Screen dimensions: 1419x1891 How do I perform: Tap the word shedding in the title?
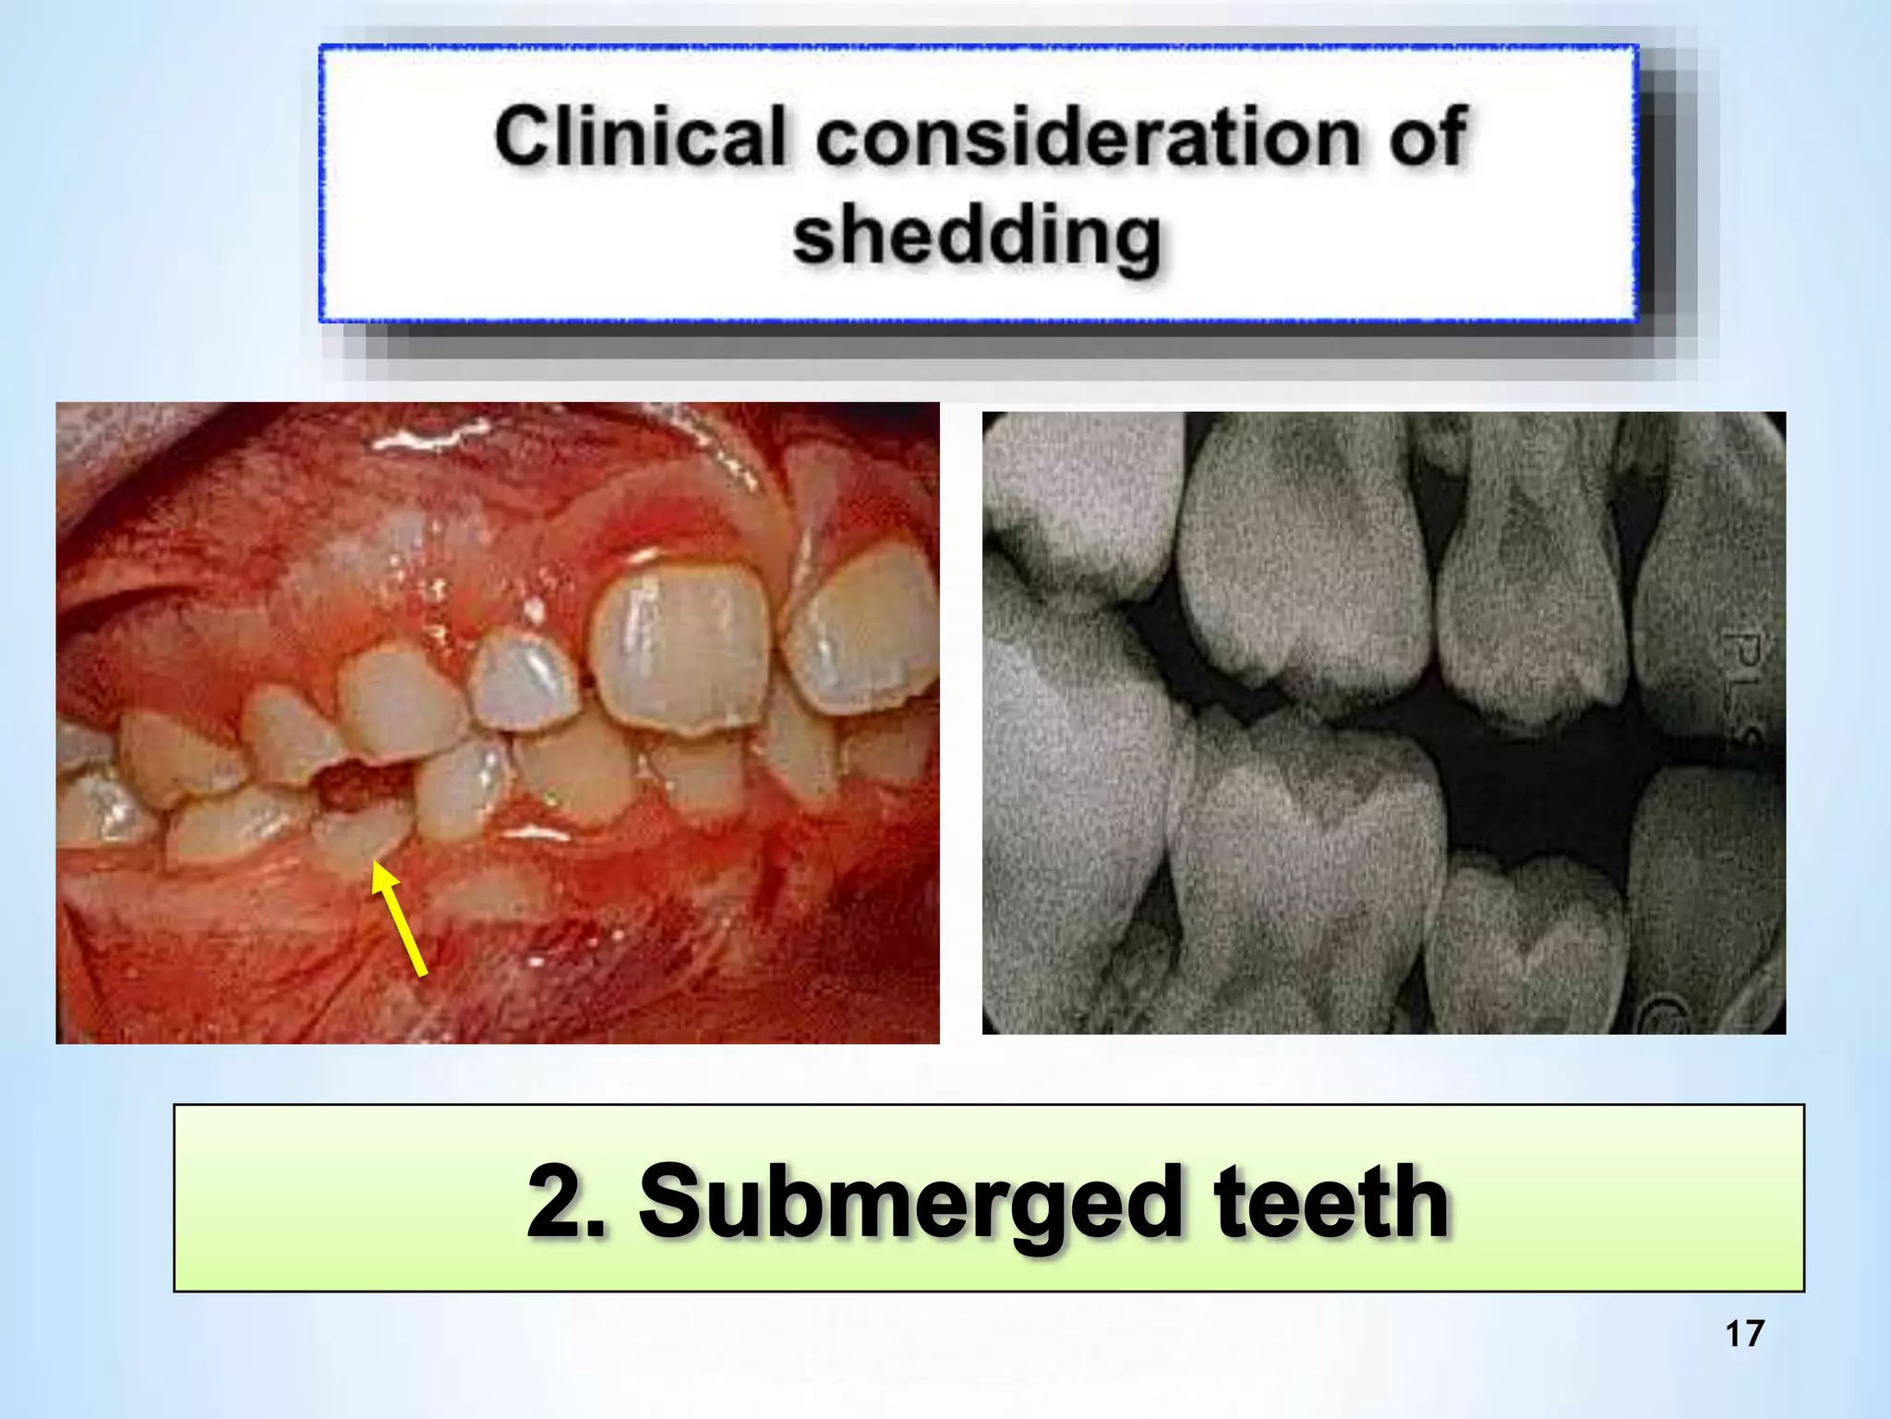tap(976, 236)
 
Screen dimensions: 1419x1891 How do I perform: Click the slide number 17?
tap(1744, 1334)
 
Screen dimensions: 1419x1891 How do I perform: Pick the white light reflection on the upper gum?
tap(429, 439)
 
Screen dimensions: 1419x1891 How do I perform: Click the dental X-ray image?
tap(1383, 722)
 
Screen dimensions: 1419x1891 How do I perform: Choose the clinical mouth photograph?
tap(497, 722)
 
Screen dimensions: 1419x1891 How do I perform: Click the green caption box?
tap(988, 1197)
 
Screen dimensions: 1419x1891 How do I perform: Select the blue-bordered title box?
tap(979, 183)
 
